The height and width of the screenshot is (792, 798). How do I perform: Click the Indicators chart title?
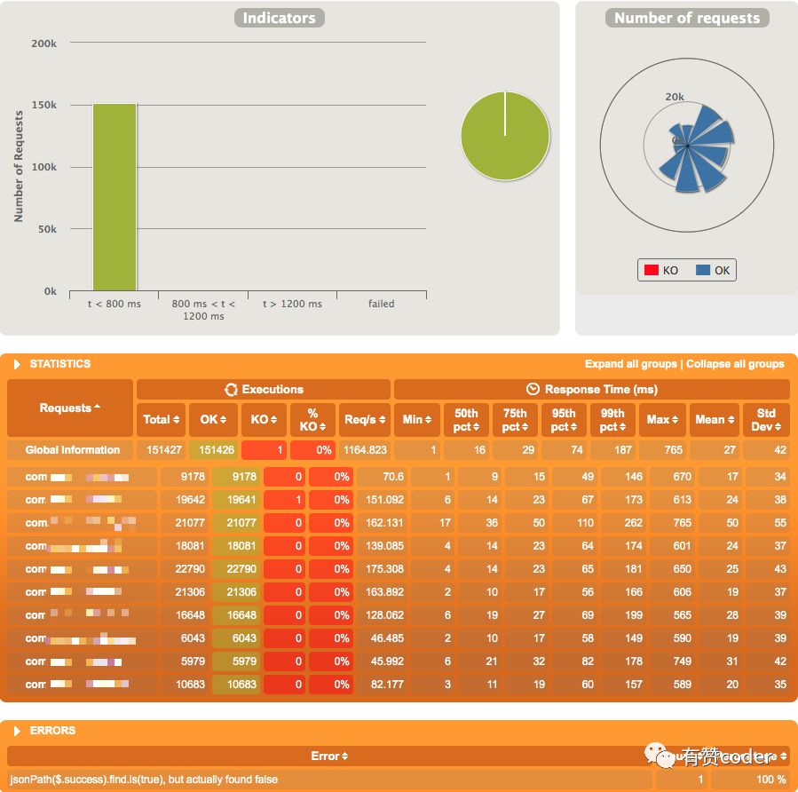279,18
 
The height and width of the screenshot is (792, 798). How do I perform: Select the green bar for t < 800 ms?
115,197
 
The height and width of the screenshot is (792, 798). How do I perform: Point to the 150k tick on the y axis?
43,105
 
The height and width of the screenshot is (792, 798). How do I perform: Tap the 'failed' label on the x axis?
381,304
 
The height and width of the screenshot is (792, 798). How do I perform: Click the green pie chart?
504,136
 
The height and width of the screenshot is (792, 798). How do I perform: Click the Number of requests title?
687,18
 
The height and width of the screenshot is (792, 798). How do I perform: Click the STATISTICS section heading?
59,364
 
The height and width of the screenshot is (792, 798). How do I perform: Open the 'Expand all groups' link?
631,364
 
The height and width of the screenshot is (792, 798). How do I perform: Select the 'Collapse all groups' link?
735,364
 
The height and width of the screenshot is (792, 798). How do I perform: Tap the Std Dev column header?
765,419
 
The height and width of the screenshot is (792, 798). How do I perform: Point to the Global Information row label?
73,450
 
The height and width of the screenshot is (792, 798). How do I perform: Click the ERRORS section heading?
52,731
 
